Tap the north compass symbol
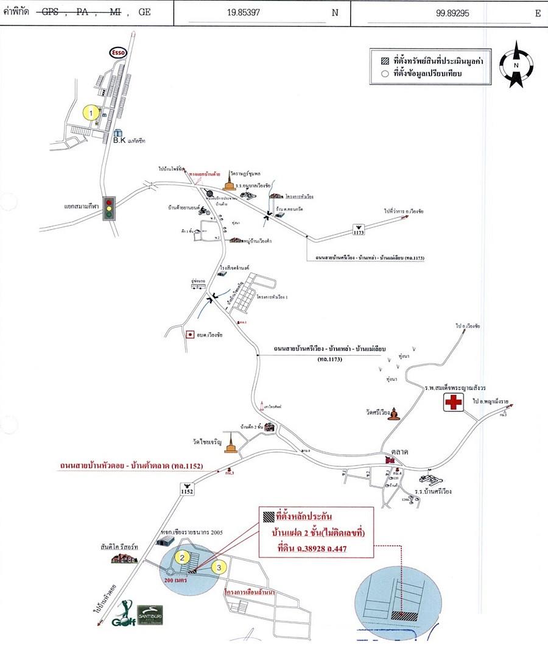tap(516, 64)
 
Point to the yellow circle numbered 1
tap(91, 113)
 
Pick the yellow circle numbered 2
tap(181, 556)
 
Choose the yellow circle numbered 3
tap(220, 566)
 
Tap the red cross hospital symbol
tap(453, 403)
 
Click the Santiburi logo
tap(149, 614)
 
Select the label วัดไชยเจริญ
tap(206, 439)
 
